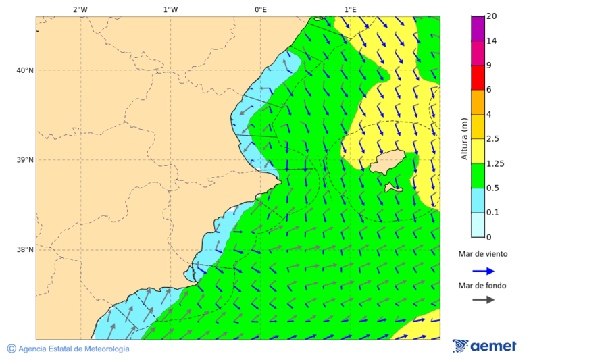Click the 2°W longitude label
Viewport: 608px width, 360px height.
pos(80,9)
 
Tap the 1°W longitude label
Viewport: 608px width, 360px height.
pos(170,9)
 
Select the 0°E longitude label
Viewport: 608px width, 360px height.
pos(260,9)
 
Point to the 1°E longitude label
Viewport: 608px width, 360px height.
pos(350,9)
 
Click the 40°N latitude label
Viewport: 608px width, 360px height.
pos(25,70)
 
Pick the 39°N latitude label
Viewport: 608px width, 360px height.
pos(25,160)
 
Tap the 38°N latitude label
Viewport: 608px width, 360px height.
pos(25,250)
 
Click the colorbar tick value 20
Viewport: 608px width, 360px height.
pos(492,16)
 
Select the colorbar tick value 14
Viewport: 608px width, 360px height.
pos(492,41)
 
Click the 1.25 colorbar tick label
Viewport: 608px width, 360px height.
pos(496,163)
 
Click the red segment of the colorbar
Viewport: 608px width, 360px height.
pos(478,78)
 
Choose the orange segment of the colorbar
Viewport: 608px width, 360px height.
pos(478,102)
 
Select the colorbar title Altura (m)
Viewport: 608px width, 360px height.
pos(464,138)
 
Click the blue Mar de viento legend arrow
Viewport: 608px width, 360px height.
pos(483,271)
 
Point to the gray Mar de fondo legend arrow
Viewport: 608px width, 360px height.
pos(483,300)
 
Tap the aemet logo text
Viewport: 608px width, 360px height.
pos(493,346)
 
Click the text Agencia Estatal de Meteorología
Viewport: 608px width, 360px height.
pos(74,349)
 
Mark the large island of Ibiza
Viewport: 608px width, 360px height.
pos(386,162)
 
